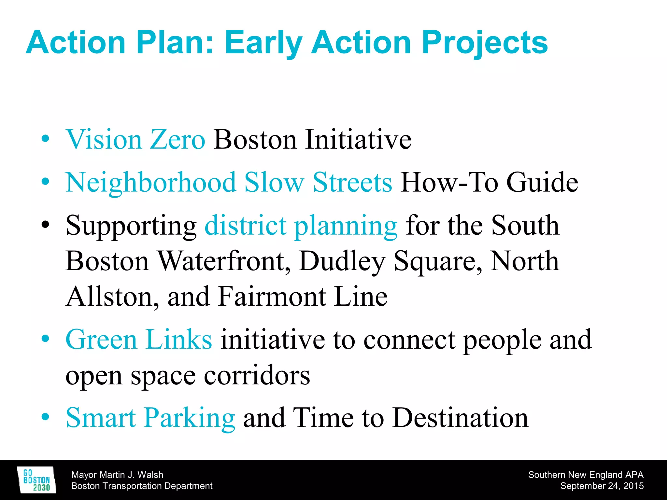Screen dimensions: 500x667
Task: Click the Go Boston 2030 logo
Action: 36,480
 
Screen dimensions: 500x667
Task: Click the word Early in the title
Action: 263,43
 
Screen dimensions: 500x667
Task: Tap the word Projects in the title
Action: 485,43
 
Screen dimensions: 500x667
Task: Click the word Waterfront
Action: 224,261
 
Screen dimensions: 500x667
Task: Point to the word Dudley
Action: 342,261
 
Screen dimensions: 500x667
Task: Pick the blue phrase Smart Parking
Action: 150,418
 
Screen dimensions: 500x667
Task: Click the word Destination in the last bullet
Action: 461,418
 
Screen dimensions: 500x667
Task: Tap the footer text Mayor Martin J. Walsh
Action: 117,475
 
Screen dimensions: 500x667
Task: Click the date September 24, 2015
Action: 602,486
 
